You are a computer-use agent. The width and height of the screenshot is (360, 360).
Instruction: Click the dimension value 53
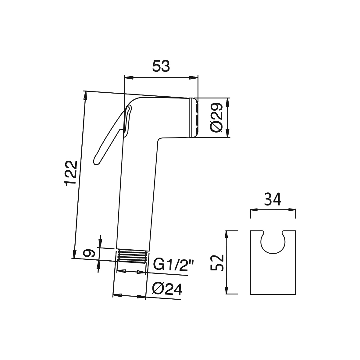click(161, 66)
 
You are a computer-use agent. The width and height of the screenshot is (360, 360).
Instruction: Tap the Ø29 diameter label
click(216, 117)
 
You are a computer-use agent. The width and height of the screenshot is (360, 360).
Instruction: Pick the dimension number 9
click(89, 253)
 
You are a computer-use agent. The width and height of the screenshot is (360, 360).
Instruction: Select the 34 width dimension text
click(273, 199)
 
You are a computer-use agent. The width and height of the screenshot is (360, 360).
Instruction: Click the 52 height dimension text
click(217, 262)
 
